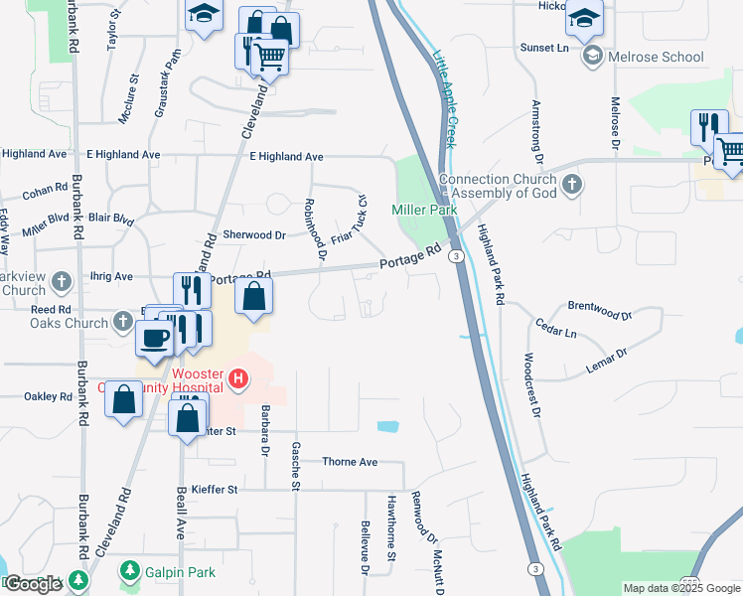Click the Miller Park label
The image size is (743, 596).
[x=424, y=210]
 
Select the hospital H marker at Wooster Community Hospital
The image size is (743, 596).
[x=238, y=377]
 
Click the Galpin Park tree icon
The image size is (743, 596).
[x=128, y=570]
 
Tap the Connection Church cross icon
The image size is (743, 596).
[x=571, y=184]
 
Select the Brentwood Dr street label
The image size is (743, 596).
[x=599, y=310]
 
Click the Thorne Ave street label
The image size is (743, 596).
[x=350, y=462]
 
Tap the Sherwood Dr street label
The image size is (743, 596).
[x=253, y=235]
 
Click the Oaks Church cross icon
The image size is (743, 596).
[x=122, y=322]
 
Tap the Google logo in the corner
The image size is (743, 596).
[x=33, y=584]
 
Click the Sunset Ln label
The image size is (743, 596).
[x=542, y=47]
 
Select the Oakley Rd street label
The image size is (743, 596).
[x=49, y=396]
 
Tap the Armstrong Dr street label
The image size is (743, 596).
[x=537, y=131]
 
